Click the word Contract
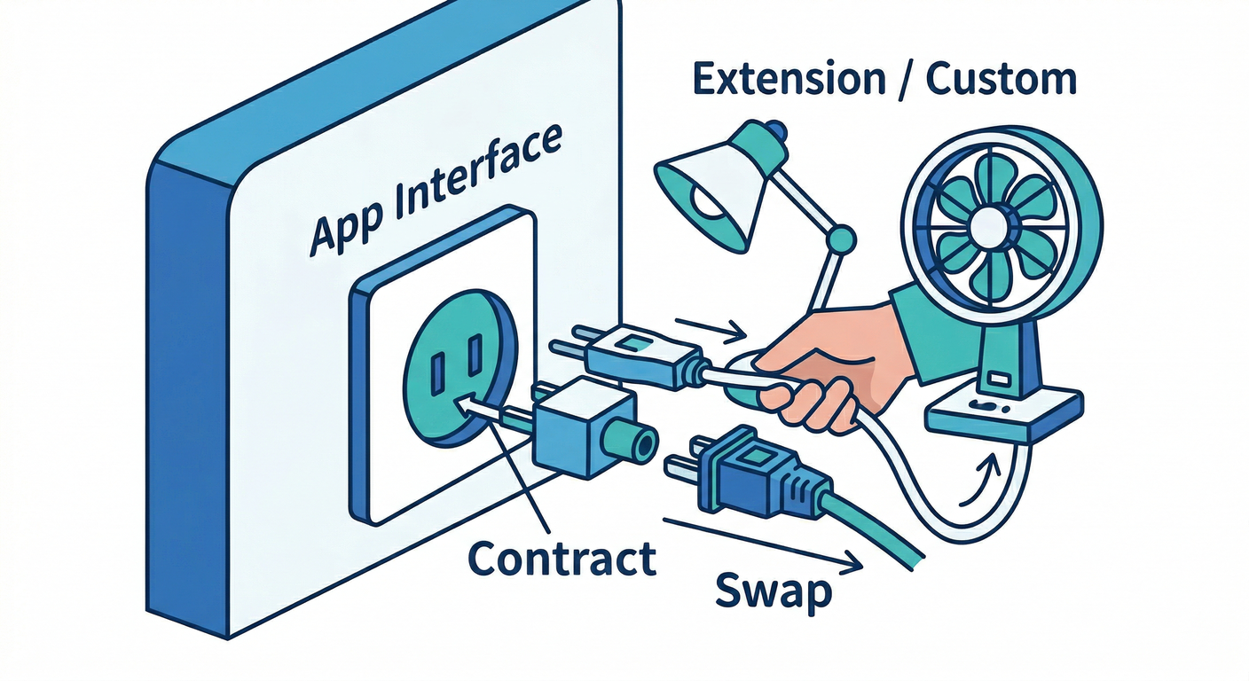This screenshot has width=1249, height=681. pyautogui.click(x=562, y=558)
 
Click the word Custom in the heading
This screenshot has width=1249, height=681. pyautogui.click(x=1001, y=80)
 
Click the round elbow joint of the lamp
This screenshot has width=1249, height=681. pyautogui.click(x=840, y=239)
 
